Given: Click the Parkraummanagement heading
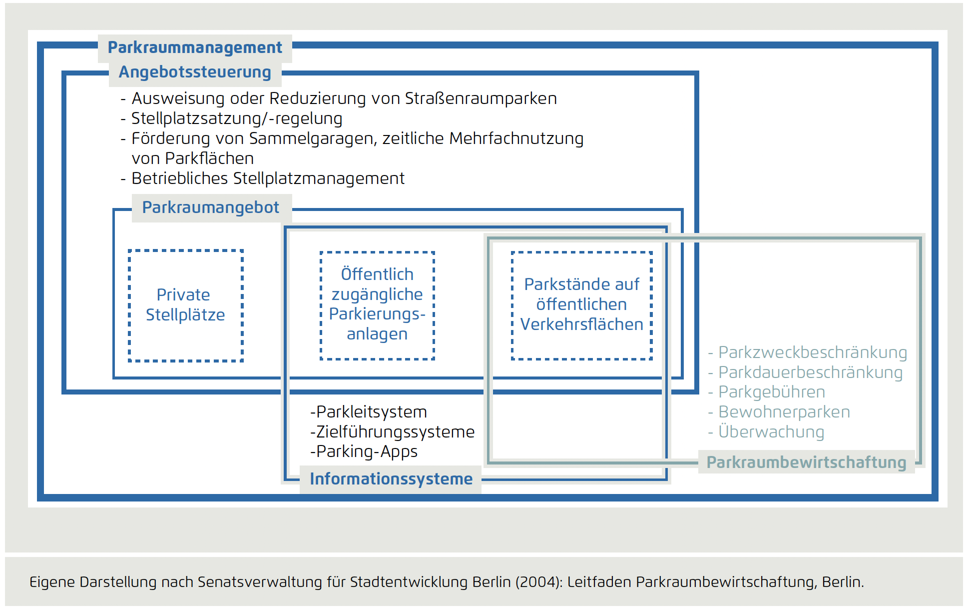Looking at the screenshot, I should [195, 47].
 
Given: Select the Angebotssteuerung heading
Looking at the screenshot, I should [195, 72].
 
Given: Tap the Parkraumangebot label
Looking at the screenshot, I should [210, 207].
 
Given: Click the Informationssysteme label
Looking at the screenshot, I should [391, 479].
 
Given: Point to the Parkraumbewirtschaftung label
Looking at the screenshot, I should [806, 462].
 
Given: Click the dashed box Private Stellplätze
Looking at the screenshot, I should [185, 305].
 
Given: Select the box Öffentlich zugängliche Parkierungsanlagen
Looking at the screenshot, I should [377, 304].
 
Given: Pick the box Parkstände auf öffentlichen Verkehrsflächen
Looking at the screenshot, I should [581, 304].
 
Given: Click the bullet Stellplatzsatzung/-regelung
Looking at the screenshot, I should [236, 118].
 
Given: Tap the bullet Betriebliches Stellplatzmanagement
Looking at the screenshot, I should [267, 178].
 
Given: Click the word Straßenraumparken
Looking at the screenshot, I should [481, 98].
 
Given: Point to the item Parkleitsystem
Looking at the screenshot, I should [369, 412].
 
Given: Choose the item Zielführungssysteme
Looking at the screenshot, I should [393, 432].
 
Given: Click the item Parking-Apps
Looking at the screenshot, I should [364, 451].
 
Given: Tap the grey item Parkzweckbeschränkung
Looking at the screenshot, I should [812, 352].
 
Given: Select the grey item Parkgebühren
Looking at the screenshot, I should [771, 392].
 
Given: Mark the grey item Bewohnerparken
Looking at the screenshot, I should [784, 412].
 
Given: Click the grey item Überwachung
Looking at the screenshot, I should [771, 432].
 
